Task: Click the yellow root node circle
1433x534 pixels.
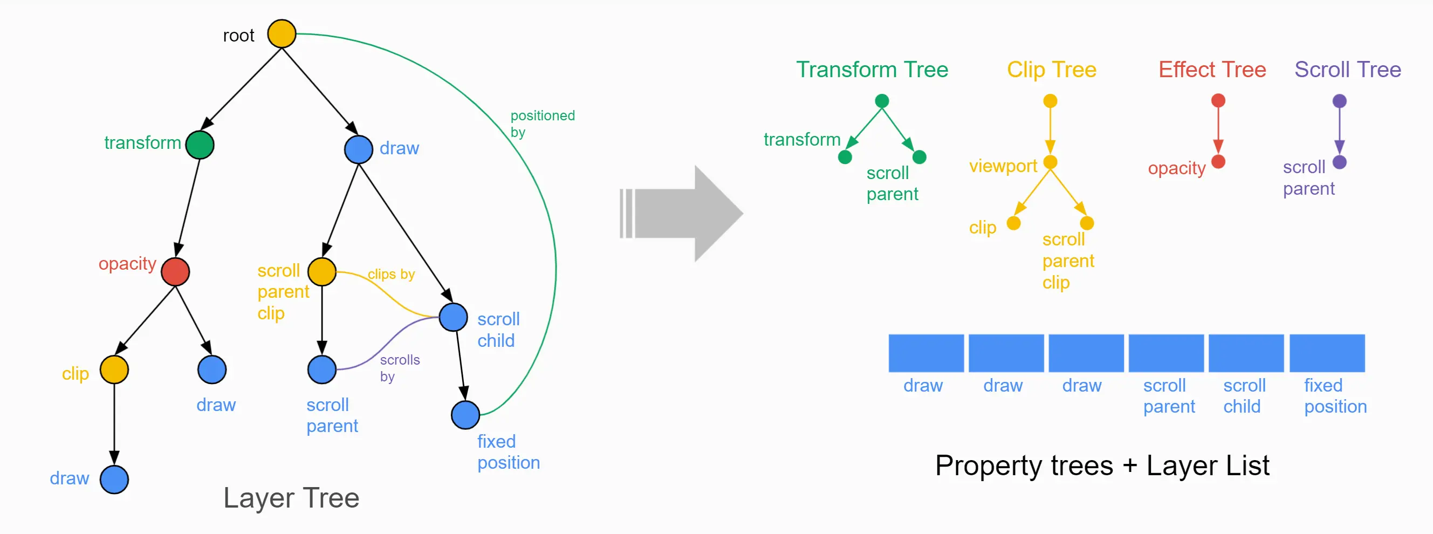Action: pyautogui.click(x=282, y=34)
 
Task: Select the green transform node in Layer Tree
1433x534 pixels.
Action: pyautogui.click(x=200, y=145)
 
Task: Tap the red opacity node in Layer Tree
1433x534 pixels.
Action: pyautogui.click(x=175, y=271)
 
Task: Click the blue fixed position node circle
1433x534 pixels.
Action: pyautogui.click(x=465, y=414)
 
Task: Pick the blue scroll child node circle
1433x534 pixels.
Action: pyautogui.click(x=453, y=317)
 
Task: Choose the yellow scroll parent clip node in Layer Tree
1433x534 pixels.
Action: pyautogui.click(x=322, y=271)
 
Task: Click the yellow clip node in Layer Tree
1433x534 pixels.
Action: pyautogui.click(x=114, y=370)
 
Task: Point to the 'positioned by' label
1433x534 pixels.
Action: pyautogui.click(x=542, y=124)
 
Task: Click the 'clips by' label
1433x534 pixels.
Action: pyautogui.click(x=391, y=274)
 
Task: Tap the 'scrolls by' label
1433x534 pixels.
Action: pyautogui.click(x=399, y=368)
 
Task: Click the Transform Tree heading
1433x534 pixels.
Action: pyautogui.click(x=872, y=70)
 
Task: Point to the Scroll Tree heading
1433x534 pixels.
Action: pyautogui.click(x=1347, y=70)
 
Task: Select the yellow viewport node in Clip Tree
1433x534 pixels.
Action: pyautogui.click(x=1050, y=162)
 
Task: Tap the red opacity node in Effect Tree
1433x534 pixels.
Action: pyautogui.click(x=1218, y=162)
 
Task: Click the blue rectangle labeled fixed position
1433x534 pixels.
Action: pyautogui.click(x=1327, y=353)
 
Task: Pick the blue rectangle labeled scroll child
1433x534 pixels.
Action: pyautogui.click(x=1246, y=353)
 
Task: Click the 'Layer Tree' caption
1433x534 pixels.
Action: pyautogui.click(x=291, y=498)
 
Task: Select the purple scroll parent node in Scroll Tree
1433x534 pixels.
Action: pyautogui.click(x=1340, y=162)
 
